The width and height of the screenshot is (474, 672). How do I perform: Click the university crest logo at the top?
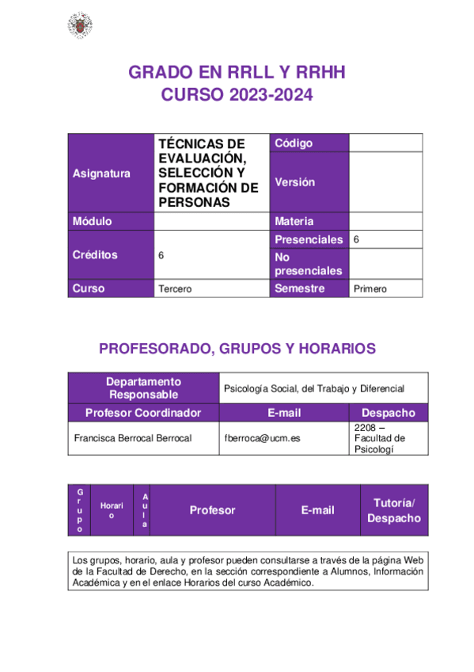[x=78, y=25]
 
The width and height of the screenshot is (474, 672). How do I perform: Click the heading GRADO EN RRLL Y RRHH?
[x=237, y=73]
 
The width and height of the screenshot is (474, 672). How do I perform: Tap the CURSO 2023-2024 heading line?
[x=237, y=95]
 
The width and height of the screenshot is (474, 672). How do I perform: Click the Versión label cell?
[x=294, y=181]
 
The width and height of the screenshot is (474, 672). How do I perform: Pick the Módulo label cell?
[x=92, y=221]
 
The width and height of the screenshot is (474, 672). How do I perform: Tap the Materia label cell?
[x=294, y=221]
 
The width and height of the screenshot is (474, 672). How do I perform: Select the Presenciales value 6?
[x=356, y=239]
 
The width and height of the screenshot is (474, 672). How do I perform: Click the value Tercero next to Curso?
[x=175, y=289]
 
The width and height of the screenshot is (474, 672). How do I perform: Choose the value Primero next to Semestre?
[x=370, y=289]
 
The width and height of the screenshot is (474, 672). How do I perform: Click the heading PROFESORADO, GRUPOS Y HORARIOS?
[x=237, y=349]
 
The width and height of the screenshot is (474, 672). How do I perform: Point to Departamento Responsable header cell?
[x=144, y=388]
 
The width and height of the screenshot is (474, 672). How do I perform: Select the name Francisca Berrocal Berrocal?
[x=132, y=437]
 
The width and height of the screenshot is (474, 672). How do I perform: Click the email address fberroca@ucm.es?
[x=262, y=437]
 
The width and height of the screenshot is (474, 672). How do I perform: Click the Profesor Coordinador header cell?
[x=143, y=413]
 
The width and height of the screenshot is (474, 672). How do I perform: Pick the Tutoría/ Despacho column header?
[x=393, y=510]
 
